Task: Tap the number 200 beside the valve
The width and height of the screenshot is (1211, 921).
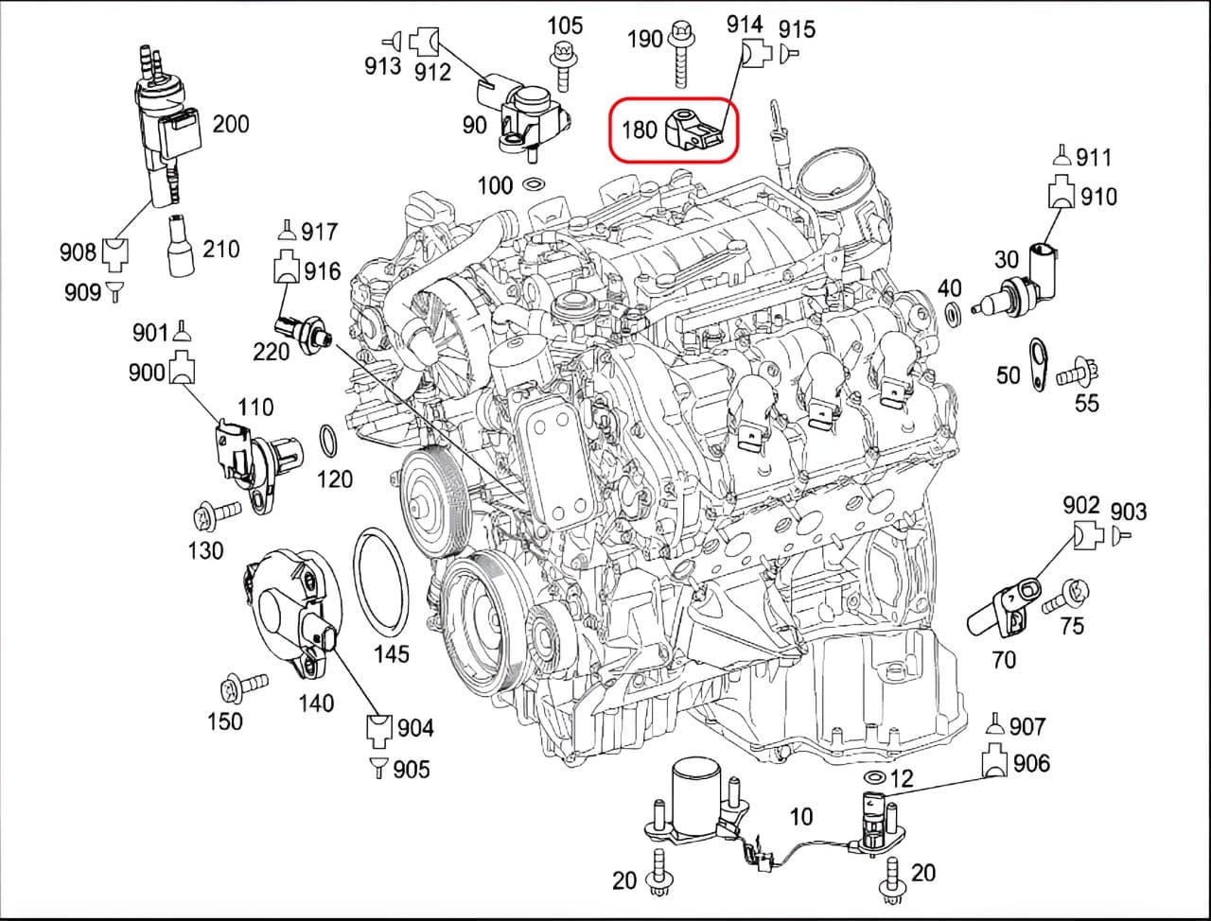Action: [230, 123]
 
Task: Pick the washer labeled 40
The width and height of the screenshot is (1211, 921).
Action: [953, 312]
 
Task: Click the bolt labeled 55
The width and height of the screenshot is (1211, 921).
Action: [1075, 373]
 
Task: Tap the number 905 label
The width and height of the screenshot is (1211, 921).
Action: [411, 769]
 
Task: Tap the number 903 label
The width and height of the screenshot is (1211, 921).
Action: [1128, 512]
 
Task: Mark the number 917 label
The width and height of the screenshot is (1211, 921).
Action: [318, 231]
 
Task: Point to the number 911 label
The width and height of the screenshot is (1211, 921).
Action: [1094, 157]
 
